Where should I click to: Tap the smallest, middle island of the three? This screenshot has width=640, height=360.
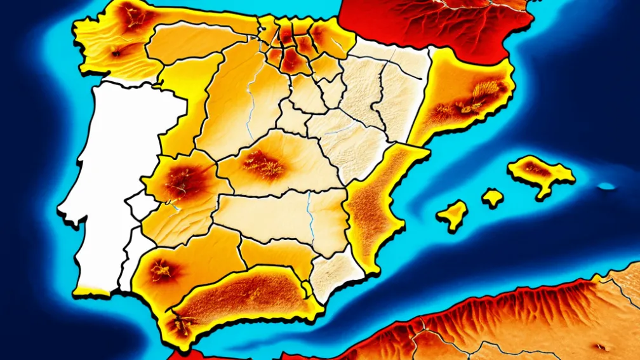492,197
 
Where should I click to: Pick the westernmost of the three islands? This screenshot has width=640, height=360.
453,215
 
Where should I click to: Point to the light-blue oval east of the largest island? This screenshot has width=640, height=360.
607,186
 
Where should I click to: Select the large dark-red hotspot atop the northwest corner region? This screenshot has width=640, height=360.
133,16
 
